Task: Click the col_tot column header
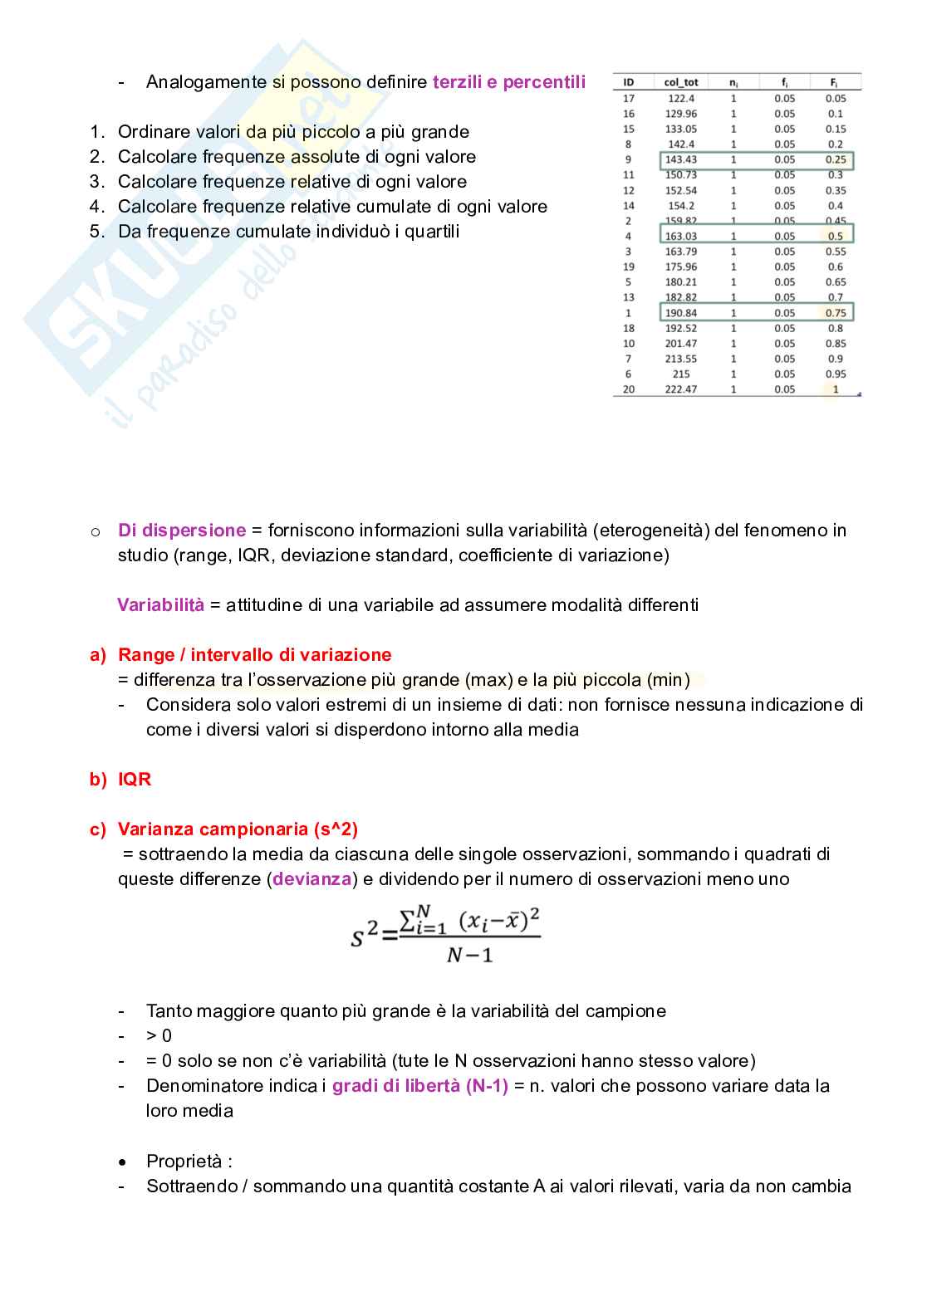coord(681,82)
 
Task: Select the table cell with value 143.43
coord(681,159)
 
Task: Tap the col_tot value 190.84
coord(681,313)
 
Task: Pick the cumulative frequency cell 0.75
coord(836,313)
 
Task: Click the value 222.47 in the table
coord(681,389)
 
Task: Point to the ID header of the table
coord(629,82)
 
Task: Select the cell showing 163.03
coord(681,237)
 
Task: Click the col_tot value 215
coord(681,374)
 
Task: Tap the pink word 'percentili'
coord(544,82)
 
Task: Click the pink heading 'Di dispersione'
coord(182,531)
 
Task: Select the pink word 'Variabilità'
coord(160,605)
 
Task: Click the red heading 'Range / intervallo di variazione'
coord(254,655)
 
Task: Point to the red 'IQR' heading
coord(135,780)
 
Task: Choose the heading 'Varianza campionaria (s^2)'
coord(238,829)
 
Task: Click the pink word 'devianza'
coord(312,879)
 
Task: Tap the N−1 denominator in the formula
coord(469,956)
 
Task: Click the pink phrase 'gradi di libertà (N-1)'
coord(419,1086)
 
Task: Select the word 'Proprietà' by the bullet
coord(184,1162)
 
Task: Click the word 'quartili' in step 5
coord(429,232)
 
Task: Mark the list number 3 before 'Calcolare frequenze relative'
coord(97,182)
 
